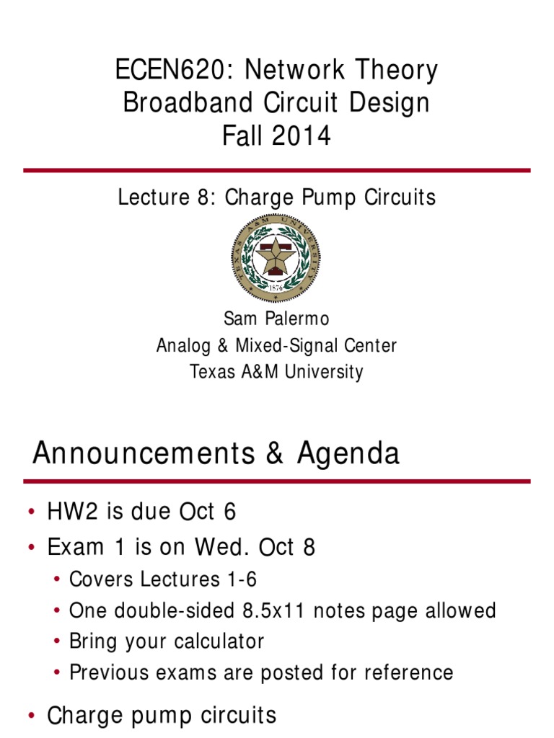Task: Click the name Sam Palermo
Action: pos(276,319)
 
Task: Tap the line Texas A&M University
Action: pos(276,372)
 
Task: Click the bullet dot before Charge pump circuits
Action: pos(32,716)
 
